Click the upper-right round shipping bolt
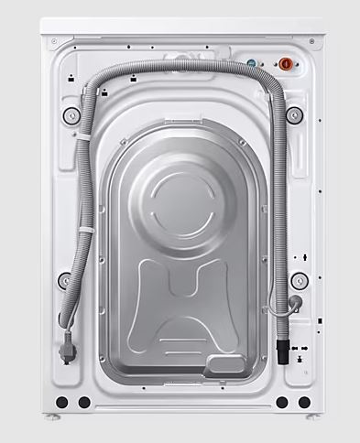coord(294,115)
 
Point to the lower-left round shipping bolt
coord(65,281)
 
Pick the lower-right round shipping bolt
coord(298,280)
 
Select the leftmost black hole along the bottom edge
coord(61,402)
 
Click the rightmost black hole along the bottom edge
coord(303,402)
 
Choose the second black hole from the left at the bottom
coord(84,402)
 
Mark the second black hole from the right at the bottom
coord(281,402)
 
